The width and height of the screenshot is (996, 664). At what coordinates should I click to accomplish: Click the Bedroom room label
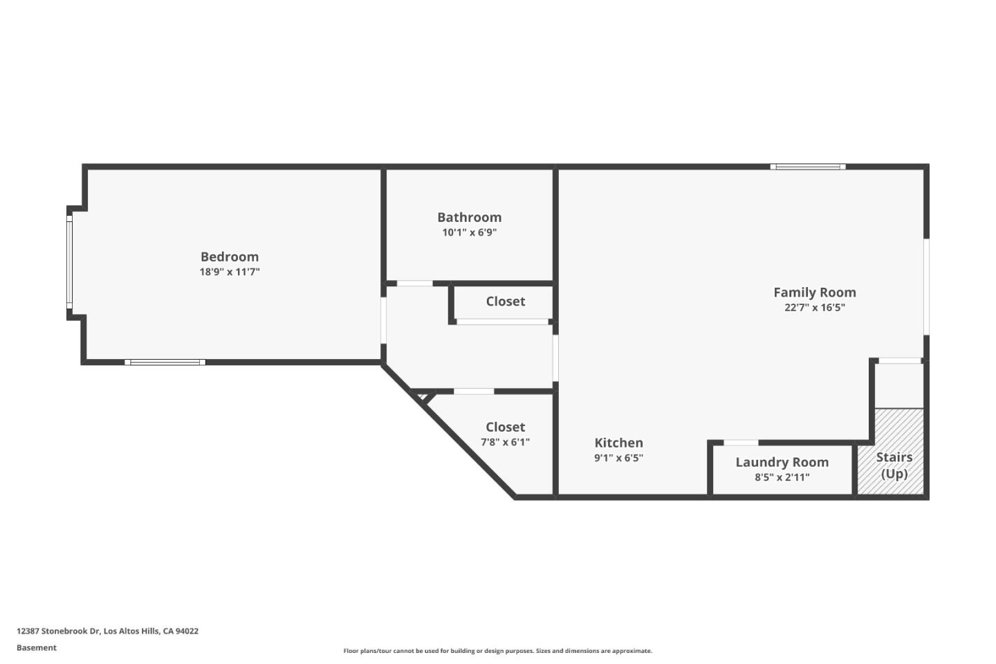coord(230,257)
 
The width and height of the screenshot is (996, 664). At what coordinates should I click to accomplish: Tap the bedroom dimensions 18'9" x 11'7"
coord(230,272)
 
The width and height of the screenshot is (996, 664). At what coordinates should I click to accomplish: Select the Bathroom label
coord(469,217)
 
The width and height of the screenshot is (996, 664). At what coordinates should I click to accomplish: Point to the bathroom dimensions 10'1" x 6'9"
coord(469,232)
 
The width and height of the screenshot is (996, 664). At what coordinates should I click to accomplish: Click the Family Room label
coord(814,293)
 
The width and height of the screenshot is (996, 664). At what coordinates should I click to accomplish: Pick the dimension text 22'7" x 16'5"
coord(814,308)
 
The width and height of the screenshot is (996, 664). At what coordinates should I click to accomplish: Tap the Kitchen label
coord(618,443)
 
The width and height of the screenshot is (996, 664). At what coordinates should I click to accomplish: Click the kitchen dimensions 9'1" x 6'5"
coord(618,458)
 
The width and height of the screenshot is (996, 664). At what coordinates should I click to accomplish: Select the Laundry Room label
coord(782,462)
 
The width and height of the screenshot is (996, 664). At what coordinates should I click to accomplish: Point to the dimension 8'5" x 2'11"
coord(782,477)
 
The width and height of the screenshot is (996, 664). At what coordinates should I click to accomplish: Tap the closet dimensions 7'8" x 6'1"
coord(505,442)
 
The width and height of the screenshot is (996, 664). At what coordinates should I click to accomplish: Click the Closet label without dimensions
coord(505,302)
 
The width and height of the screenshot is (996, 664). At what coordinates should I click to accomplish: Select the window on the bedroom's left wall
coord(69,261)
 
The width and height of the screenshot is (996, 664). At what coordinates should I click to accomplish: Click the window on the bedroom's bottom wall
coord(165,362)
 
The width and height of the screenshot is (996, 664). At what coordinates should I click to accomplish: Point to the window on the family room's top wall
coord(808,167)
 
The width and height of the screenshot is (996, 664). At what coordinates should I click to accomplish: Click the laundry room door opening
coord(741,443)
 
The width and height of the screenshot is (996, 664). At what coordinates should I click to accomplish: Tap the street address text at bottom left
coord(107,631)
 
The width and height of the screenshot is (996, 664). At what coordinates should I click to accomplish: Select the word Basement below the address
coord(37,647)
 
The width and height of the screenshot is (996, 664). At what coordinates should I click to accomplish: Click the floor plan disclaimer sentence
coord(497,651)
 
